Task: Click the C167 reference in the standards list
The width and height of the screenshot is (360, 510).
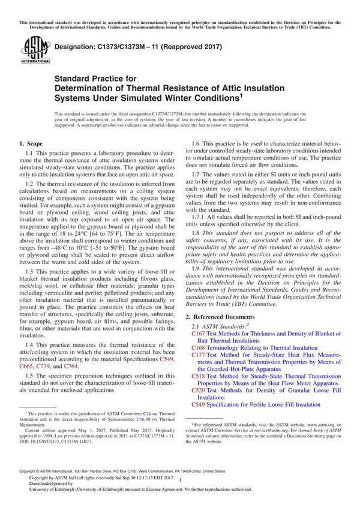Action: click(x=198, y=334)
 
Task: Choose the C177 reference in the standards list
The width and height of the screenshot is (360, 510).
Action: click(x=198, y=355)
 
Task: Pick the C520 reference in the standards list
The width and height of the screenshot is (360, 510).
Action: click(x=198, y=390)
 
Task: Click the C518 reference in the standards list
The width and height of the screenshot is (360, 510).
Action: click(x=198, y=376)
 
